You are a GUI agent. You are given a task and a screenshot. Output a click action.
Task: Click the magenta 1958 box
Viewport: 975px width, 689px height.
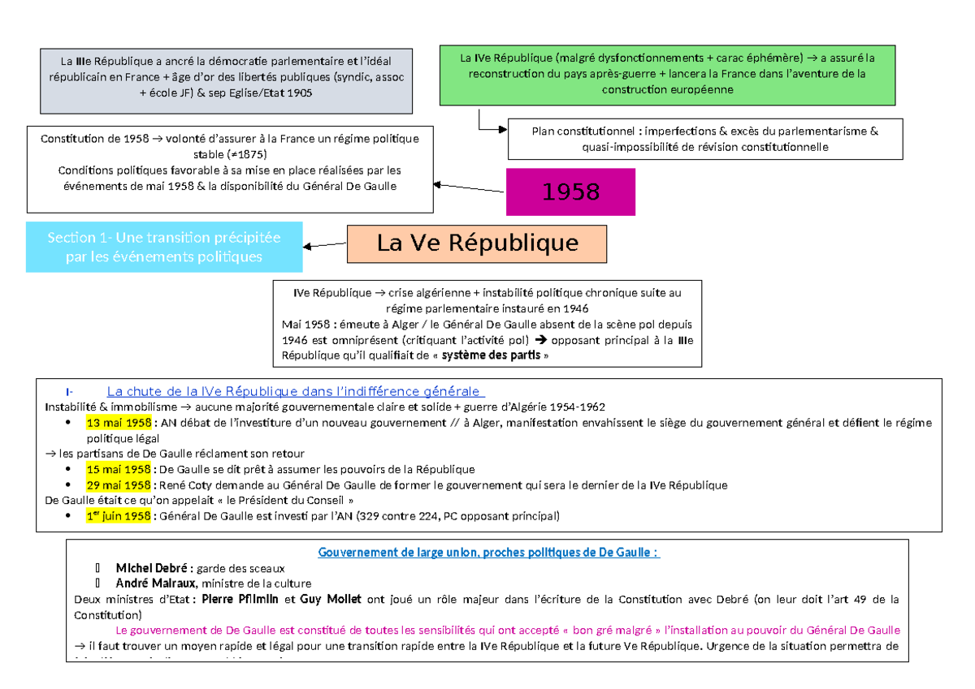(x=570, y=192)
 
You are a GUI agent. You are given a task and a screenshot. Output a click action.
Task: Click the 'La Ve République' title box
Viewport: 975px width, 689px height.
(x=477, y=243)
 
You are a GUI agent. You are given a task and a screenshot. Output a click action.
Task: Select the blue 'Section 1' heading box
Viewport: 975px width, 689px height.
(x=163, y=248)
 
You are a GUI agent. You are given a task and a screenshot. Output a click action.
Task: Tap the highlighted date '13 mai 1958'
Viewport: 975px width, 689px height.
(x=118, y=423)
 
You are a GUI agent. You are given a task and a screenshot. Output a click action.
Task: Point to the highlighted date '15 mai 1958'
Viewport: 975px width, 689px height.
(x=118, y=469)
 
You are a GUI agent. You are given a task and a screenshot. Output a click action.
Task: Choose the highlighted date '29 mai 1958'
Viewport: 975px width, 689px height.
(x=118, y=485)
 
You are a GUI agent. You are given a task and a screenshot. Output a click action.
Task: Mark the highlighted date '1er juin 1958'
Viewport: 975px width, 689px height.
(x=119, y=516)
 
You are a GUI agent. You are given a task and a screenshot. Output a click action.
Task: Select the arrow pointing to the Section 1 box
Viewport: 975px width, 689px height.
(x=324, y=244)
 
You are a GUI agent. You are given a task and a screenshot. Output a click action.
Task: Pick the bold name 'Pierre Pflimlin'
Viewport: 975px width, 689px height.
(x=240, y=600)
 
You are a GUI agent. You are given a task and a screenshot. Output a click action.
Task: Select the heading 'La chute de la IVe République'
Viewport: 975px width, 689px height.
(x=292, y=392)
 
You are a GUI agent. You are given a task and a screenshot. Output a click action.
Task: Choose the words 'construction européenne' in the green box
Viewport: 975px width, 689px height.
(x=667, y=89)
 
